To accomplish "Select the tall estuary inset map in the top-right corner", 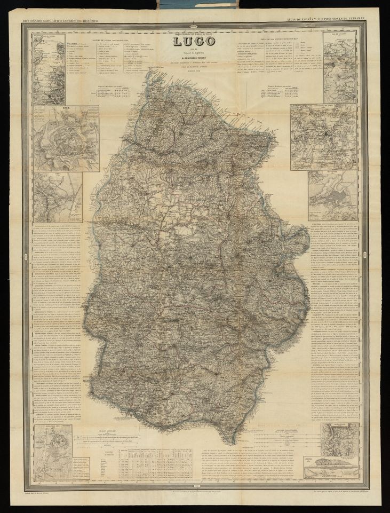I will point(340,67).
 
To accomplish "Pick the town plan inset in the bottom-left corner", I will point(53,449).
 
